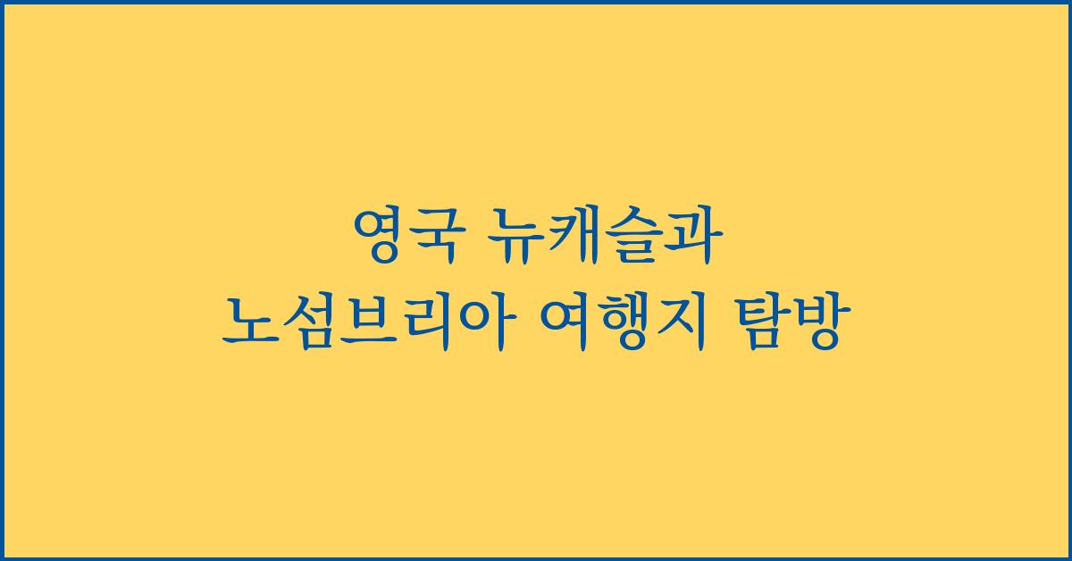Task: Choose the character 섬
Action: click(307, 324)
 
